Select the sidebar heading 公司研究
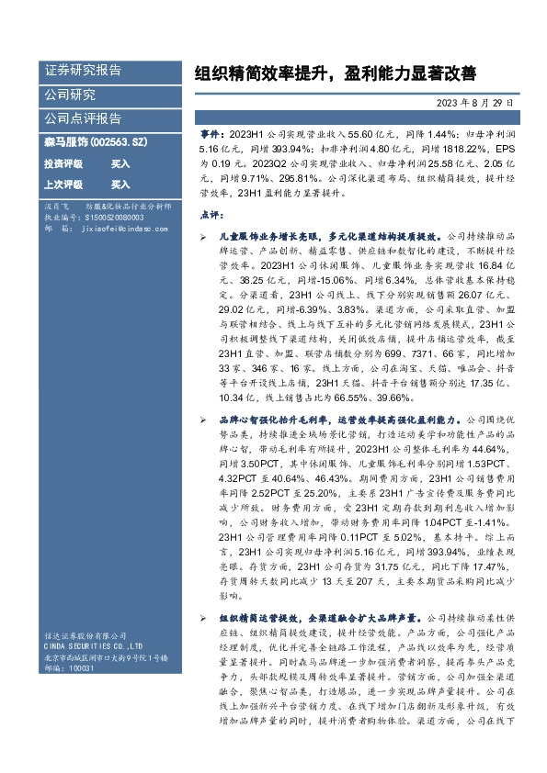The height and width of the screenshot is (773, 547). [70, 94]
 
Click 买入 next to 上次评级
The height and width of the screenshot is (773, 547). [95, 184]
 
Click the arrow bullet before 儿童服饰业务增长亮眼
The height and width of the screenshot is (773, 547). [202, 237]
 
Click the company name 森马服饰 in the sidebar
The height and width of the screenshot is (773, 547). [63, 142]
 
